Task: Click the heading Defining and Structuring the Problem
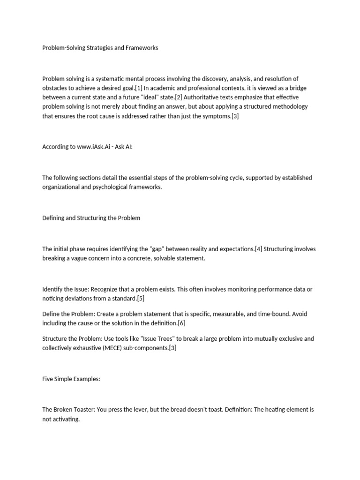91,218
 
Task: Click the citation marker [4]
258,249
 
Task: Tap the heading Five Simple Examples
71,379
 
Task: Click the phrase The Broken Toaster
68,410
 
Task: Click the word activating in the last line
67,419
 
